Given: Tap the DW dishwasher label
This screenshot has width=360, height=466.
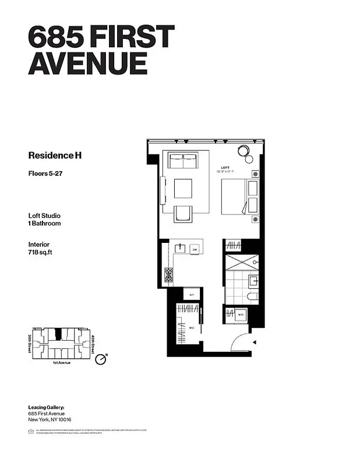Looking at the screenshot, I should coord(195,249).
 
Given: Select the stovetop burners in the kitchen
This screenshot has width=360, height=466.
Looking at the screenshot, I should coord(168,274).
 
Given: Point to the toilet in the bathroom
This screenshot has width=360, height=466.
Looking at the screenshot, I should coord(252,296).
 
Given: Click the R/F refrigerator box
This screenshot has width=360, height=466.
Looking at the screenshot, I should coord(192,295).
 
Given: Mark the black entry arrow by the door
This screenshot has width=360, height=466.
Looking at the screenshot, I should coord(252,344).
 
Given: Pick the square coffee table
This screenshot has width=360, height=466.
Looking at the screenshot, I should coord(183,188).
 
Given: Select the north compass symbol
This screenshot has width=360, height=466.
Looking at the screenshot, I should coord(101,359).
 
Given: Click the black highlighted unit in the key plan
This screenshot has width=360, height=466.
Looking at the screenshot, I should coord(58,334).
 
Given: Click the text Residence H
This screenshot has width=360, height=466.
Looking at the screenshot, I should coord(51,156).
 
